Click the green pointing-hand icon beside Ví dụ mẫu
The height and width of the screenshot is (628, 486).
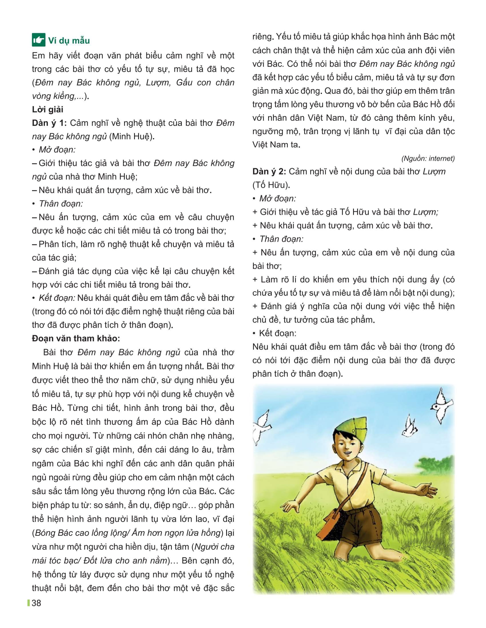pyautogui.click(x=39, y=41)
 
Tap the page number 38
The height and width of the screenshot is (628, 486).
pyautogui.click(x=36, y=603)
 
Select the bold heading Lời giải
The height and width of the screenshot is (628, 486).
pyautogui.click(x=47, y=110)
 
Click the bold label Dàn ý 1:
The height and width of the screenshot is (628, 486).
pyautogui.click(x=49, y=123)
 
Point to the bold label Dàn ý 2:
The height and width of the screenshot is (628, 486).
pyautogui.click(x=269, y=172)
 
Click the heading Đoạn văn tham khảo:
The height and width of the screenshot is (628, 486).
pyautogui.click(x=76, y=339)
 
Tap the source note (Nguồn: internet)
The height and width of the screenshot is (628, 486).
pyautogui.click(x=428, y=158)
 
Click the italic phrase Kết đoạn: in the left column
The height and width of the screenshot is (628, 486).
pyautogui.click(x=57, y=298)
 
